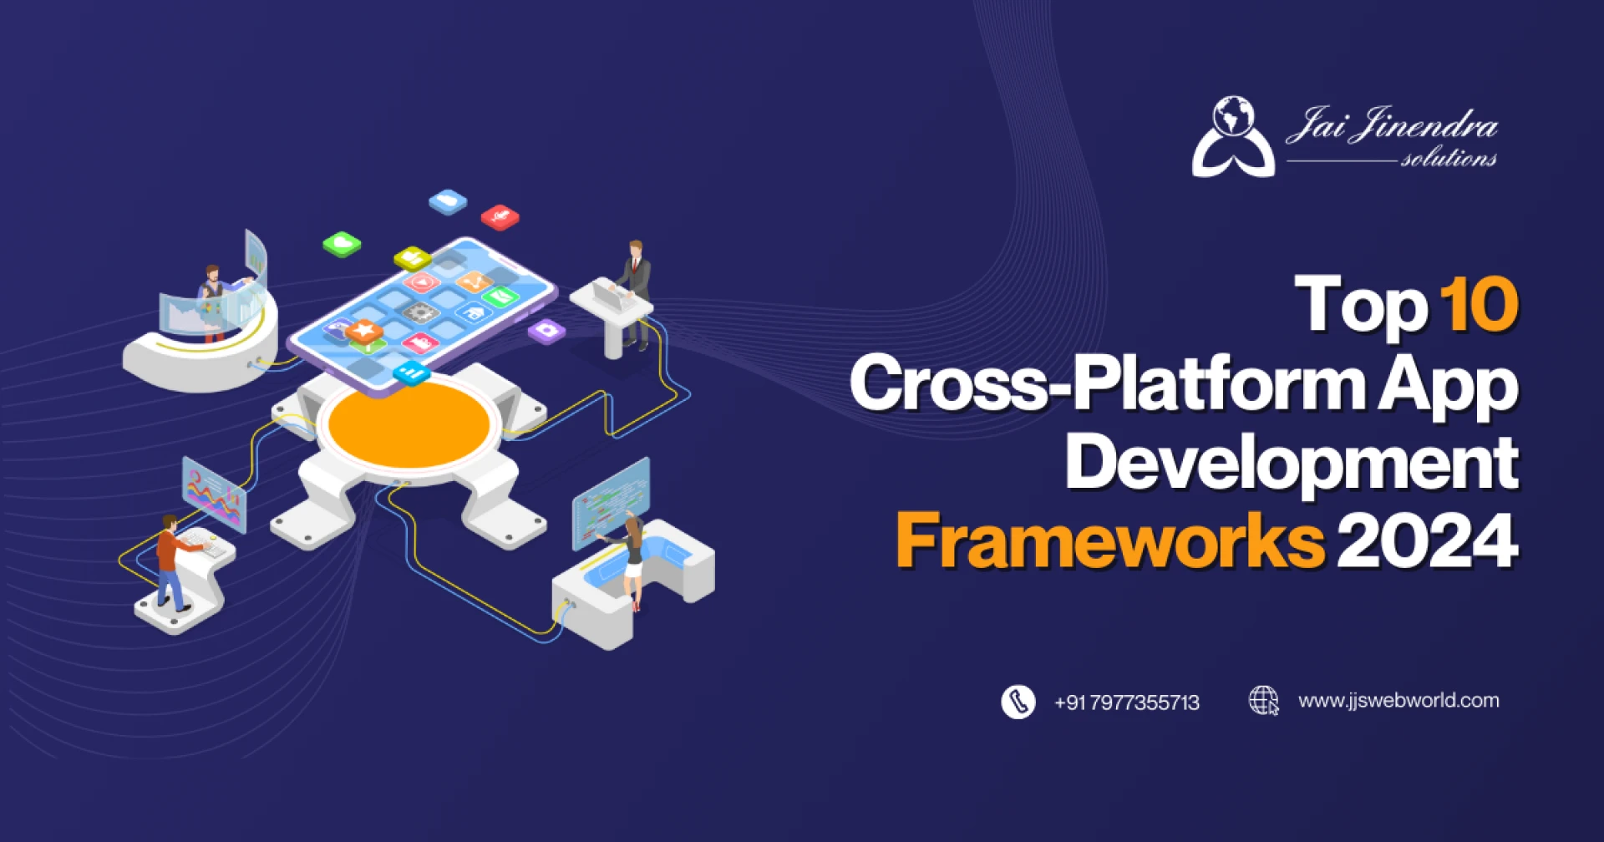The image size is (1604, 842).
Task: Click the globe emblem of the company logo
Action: (1233, 118)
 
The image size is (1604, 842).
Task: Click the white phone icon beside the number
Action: (1018, 702)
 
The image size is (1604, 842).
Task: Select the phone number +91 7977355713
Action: (1126, 703)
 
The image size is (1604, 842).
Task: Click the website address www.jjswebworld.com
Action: (1398, 701)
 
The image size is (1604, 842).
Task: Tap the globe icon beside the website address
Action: (1263, 701)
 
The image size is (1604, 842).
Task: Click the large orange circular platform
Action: (409, 425)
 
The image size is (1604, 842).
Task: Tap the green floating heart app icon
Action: (342, 244)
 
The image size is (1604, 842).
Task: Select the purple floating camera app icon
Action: (547, 331)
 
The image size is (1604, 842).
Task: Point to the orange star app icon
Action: (364, 331)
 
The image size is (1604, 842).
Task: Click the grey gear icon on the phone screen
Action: (422, 312)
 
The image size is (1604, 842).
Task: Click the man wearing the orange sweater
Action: (171, 560)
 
